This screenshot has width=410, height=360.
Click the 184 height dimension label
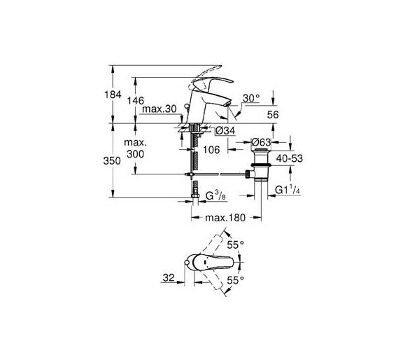pos(113,95)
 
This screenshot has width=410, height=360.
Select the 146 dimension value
pos(136,100)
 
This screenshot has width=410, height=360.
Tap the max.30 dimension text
pos(160,109)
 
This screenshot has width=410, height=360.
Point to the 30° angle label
pos(251,98)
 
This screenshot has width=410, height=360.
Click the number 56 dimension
pos(273,114)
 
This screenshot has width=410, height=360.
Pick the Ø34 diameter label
pos(226,131)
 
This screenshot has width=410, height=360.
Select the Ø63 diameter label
pos(261,142)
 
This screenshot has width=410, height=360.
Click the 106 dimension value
pos(211,150)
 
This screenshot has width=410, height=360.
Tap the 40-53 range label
pos(290,158)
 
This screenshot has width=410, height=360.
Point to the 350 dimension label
pos(112,161)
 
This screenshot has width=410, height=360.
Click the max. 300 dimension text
pos(136,148)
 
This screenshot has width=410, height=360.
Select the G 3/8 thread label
pos(215,195)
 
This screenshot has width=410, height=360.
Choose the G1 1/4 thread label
pos(288,190)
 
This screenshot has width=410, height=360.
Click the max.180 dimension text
pos(225,218)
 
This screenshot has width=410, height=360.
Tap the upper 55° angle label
pos(235,245)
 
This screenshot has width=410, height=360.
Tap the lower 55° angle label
pos(235,280)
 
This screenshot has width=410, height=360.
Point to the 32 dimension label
pos(169,277)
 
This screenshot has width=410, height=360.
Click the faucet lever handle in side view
pos(214,81)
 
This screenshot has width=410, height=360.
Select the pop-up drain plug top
pos(261,149)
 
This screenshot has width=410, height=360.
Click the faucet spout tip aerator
pos(228,104)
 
